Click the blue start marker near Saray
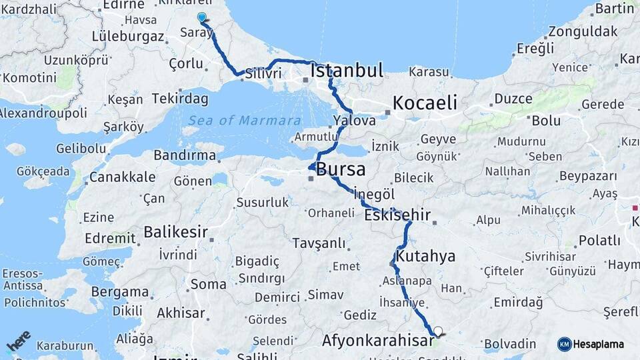pos(201,17)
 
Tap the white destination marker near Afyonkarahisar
pos(437,330)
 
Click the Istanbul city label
pos(347,71)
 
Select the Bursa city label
pos(340,169)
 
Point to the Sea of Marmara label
pos(244,121)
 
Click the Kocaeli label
pos(425,103)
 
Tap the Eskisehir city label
pos(397,215)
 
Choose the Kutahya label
pos(425,256)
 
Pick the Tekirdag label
pos(179,99)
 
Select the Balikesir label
pos(175,233)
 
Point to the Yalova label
pos(354,121)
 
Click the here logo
pos(19,341)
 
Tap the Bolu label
pos(546,121)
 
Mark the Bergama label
pos(120,292)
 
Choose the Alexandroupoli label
pos(43,113)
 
